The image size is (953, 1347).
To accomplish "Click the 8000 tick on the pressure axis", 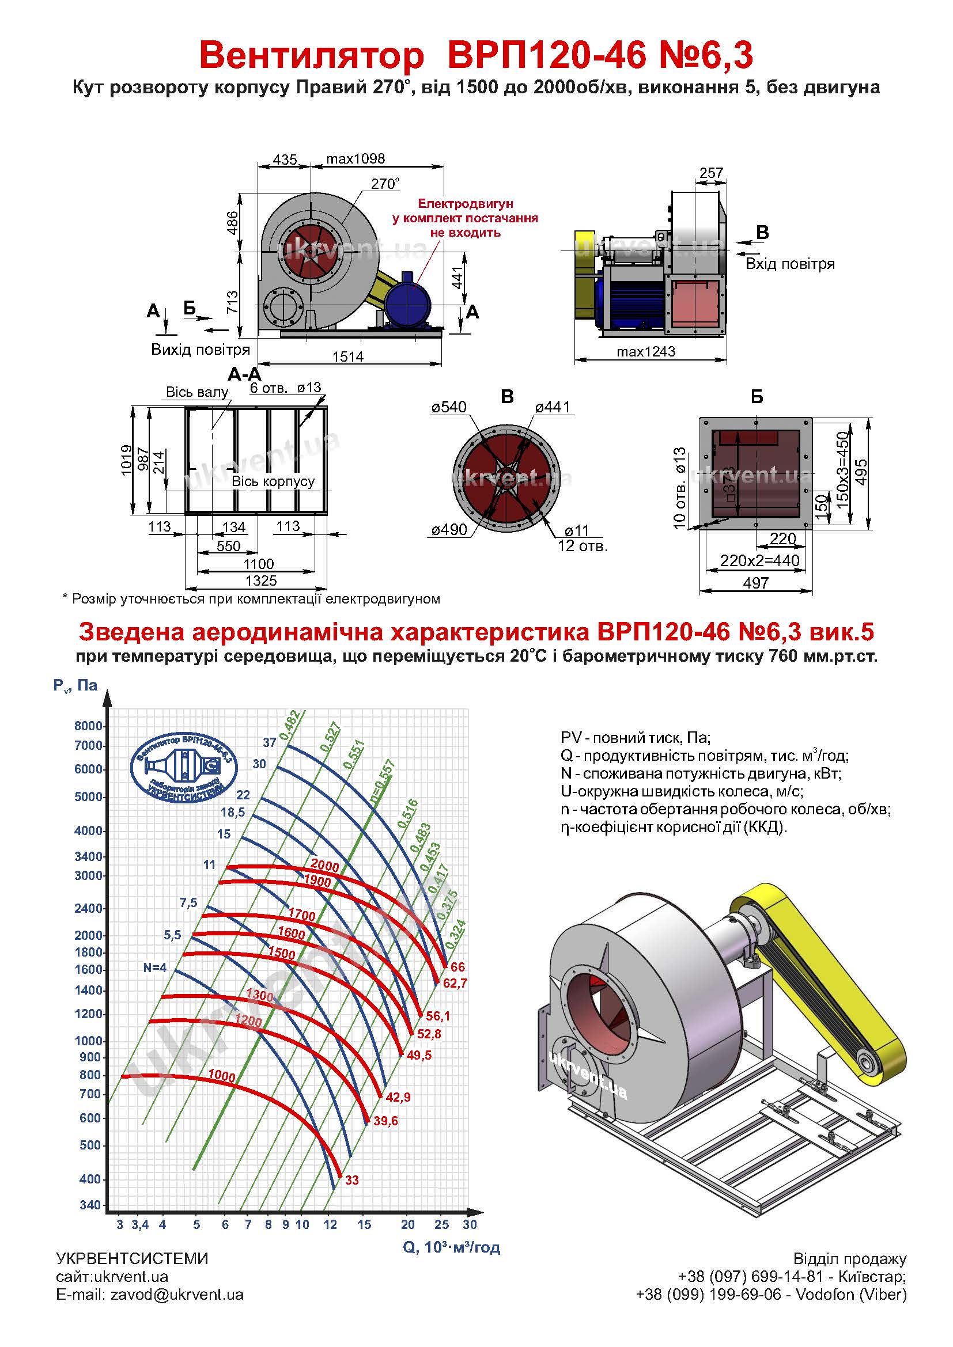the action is coord(89,726).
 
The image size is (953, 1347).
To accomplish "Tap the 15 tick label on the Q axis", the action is coord(364,1224).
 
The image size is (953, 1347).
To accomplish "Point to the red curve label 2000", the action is coord(325,865).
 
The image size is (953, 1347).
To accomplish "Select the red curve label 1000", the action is coord(222,1076).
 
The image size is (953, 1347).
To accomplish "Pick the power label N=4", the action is coord(155,967).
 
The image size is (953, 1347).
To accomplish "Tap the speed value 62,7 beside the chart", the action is coord(455,983).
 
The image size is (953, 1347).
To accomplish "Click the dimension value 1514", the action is coord(348,356).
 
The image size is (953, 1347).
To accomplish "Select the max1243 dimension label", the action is coord(646,351).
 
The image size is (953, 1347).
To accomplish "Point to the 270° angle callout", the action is coord(385,184).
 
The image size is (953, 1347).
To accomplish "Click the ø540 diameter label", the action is coord(449,407).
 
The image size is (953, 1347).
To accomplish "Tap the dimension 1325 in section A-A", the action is coord(261,581).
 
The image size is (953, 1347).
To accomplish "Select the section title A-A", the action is coord(244,374).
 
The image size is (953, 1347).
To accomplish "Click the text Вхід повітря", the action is coord(790,264).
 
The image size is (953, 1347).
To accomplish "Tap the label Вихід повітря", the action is coord(201,350).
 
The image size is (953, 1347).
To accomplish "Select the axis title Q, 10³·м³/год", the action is coord(451,1247).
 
